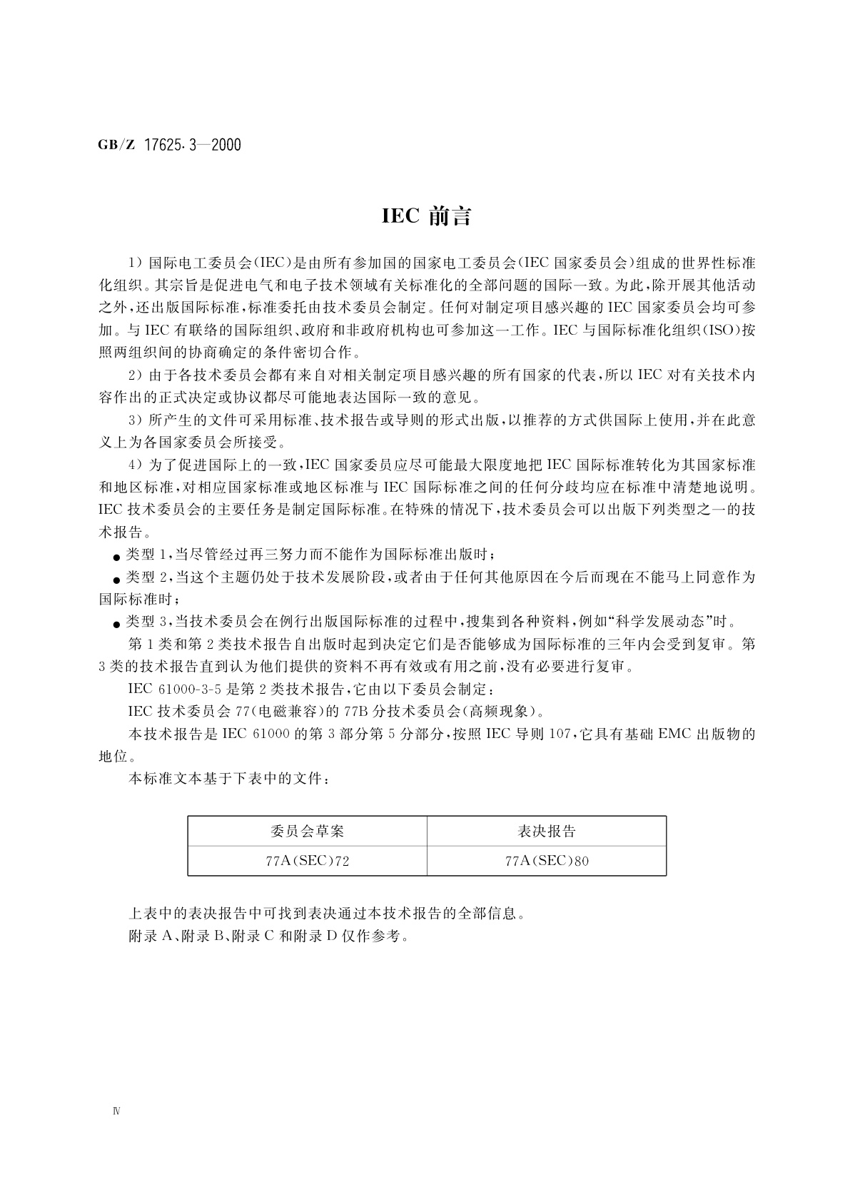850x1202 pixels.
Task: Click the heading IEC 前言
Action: [426, 217]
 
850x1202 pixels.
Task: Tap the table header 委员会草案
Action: [307, 831]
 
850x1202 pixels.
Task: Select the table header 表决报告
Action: [546, 831]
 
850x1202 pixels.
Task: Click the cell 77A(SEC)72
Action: [307, 861]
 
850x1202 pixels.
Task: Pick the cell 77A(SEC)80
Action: [546, 861]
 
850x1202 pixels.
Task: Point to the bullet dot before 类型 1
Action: [116, 557]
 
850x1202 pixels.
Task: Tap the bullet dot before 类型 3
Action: [116, 623]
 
